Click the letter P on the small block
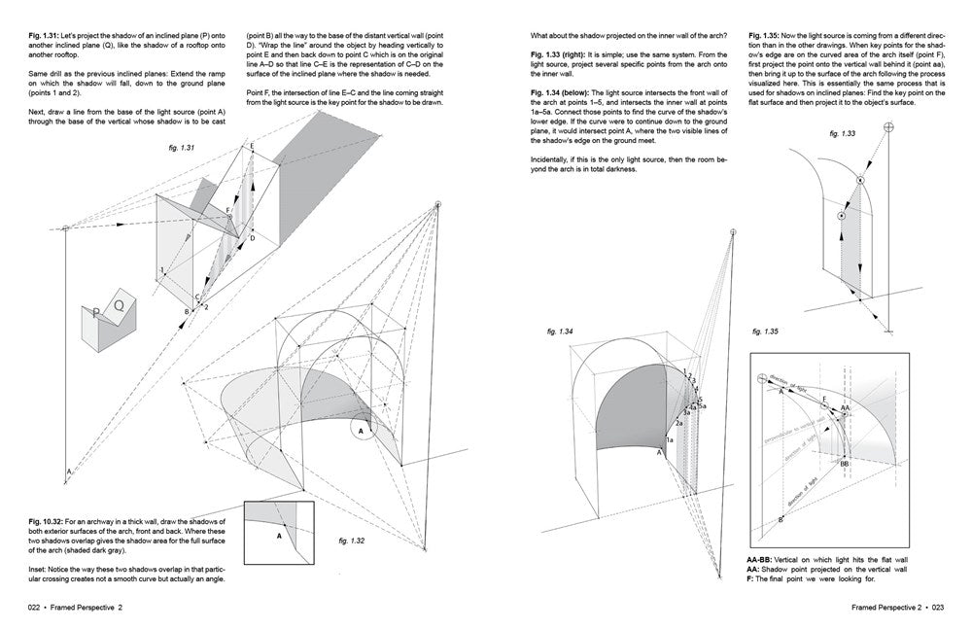coord(96,314)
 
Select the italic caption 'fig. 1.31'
coord(181,148)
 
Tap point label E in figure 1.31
coord(252,146)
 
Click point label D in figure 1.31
coord(252,237)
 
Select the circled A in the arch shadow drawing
coord(361,429)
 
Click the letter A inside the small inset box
coord(278,535)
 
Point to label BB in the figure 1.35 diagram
coord(845,465)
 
